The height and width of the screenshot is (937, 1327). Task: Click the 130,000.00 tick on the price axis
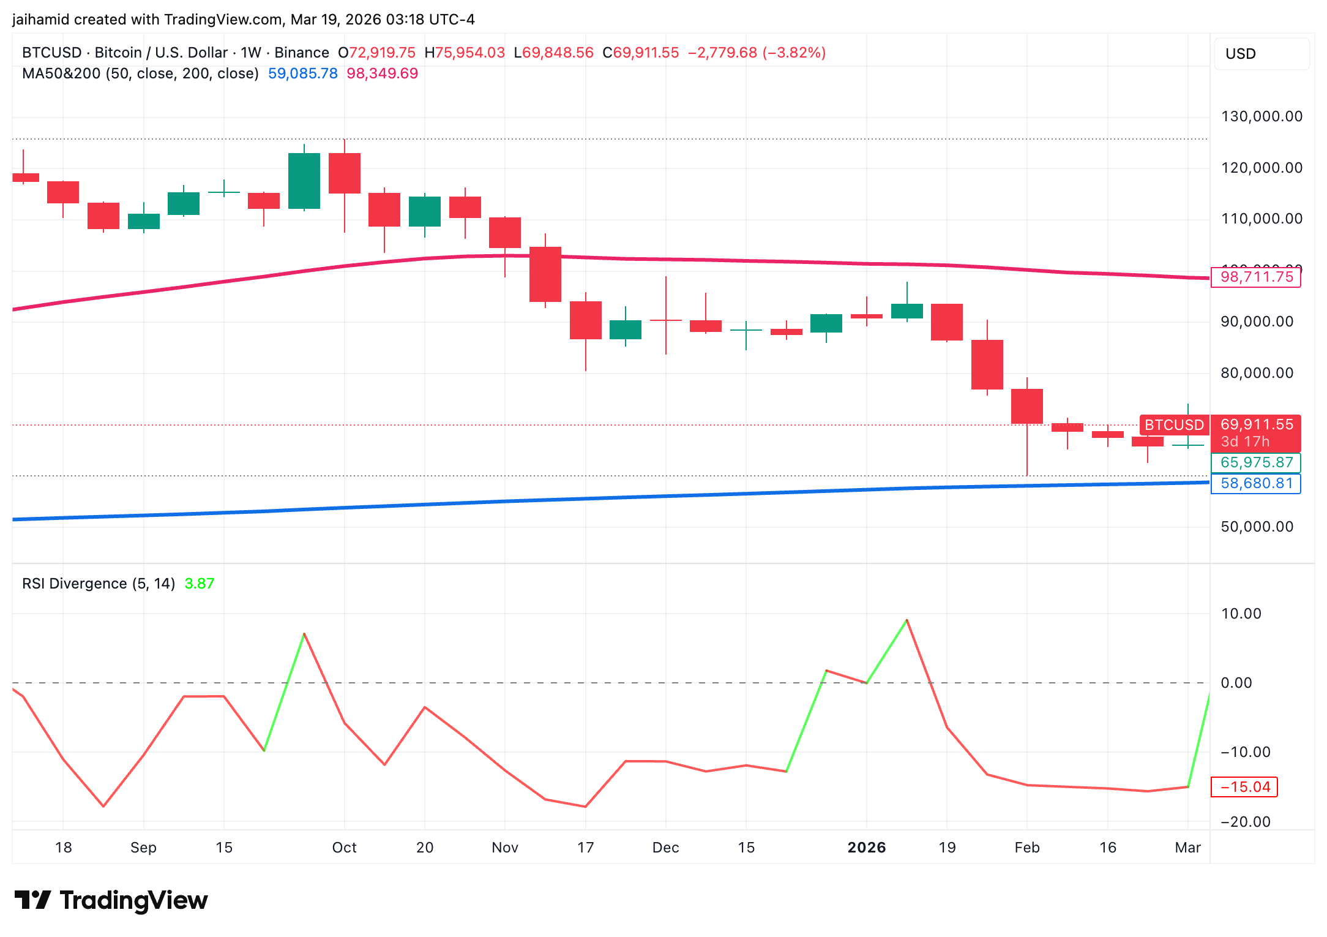coord(1262,116)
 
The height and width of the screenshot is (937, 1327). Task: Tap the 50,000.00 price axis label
coord(1257,527)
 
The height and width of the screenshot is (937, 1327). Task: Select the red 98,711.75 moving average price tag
coord(1256,277)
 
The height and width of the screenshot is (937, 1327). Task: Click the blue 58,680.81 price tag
coord(1256,483)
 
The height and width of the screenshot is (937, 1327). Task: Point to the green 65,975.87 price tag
coord(1256,462)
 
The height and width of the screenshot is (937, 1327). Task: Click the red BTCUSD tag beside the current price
coord(1174,424)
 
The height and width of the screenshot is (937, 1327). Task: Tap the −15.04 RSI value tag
coord(1244,787)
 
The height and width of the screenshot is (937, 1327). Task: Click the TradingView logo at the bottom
coord(111,900)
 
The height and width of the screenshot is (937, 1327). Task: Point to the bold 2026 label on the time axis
coord(866,848)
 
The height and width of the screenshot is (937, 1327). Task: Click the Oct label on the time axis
coord(344,848)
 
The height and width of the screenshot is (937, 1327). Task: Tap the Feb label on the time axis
coord(1026,848)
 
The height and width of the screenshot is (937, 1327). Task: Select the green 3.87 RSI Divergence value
coord(200,584)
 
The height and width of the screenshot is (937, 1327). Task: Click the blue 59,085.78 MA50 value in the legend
coord(303,73)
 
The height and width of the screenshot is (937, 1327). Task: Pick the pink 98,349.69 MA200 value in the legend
coord(383,73)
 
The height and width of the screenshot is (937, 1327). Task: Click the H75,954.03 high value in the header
coord(465,53)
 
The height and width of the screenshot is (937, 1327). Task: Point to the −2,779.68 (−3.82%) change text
coord(757,53)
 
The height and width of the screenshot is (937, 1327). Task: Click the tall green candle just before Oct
coord(304,181)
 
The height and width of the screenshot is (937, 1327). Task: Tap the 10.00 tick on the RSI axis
coord(1241,614)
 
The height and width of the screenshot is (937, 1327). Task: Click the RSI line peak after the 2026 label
coord(906,620)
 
